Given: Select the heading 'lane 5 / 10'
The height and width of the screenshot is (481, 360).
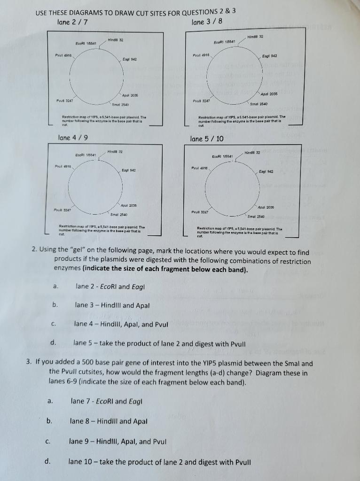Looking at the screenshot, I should [207, 139].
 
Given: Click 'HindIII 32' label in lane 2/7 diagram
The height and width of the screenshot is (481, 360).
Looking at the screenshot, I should [116, 40].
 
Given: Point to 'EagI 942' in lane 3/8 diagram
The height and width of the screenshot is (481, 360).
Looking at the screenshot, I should [270, 55].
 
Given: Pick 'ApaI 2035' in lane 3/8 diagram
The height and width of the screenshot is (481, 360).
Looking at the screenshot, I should [268, 94].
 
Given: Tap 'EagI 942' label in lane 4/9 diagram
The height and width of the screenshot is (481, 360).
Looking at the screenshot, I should [129, 170].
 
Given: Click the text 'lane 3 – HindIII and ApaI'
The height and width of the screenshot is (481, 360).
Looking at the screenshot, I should [112, 305].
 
